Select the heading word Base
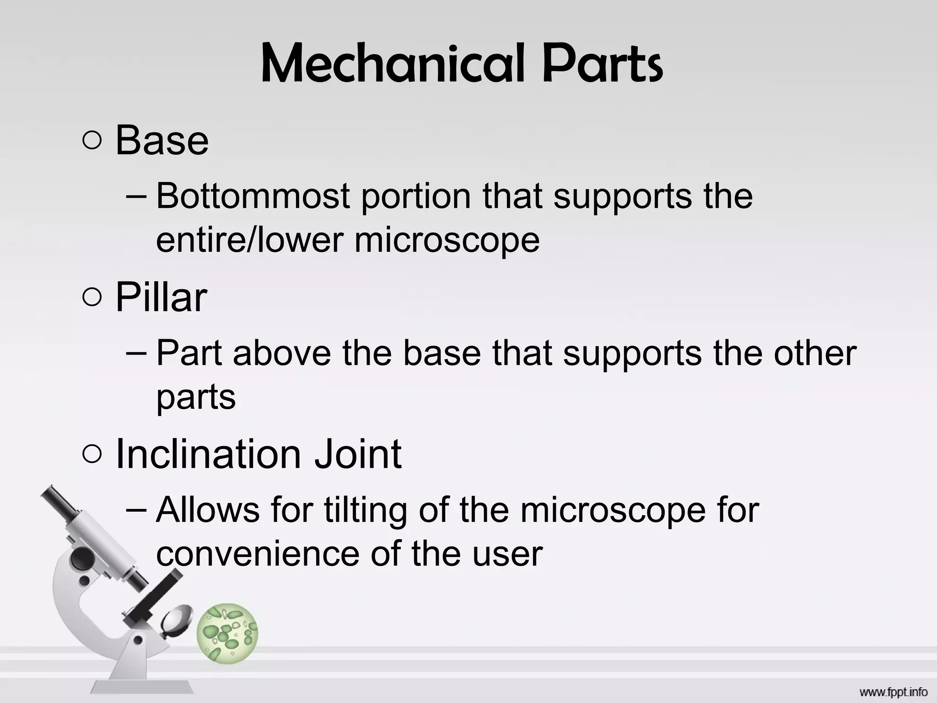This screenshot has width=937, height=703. coord(162,140)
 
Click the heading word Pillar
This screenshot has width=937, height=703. coord(161,297)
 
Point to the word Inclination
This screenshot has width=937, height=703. coord(208,454)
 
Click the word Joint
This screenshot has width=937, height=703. coord(357,454)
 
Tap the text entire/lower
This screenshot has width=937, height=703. coord(249,240)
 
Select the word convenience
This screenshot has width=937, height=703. coord(258,554)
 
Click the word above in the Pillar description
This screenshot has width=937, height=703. coord(282,353)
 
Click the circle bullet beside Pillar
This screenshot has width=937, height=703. coord(92,298)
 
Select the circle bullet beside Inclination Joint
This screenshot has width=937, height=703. coord(92,455)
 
